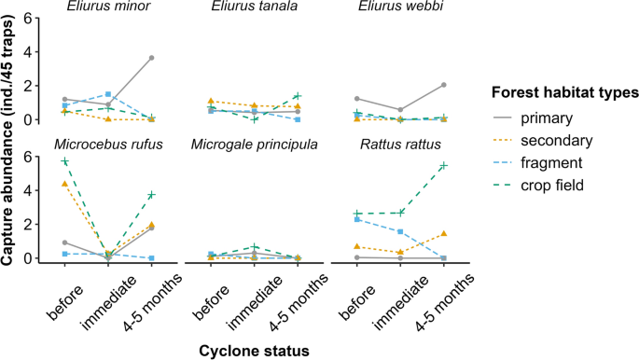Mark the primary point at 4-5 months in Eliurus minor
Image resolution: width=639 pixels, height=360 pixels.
(151, 58)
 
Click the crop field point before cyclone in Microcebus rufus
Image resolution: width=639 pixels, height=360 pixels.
(64, 161)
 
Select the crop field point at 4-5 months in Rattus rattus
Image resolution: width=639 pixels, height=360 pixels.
(443, 165)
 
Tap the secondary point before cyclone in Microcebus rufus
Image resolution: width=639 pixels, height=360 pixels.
(64, 184)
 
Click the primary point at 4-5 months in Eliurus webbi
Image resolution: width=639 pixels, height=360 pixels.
(443, 85)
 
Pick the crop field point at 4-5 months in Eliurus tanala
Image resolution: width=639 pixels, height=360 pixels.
(298, 96)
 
